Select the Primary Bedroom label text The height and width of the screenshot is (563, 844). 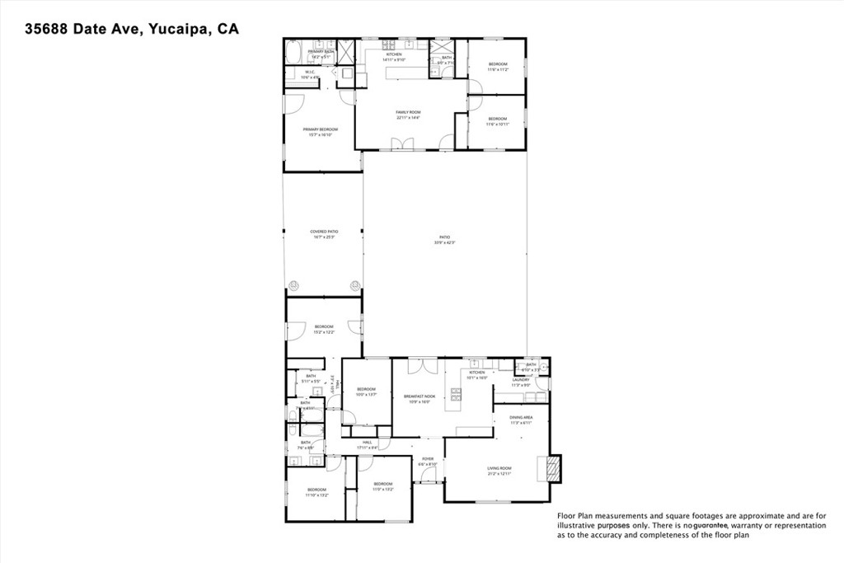pyautogui.click(x=320, y=131)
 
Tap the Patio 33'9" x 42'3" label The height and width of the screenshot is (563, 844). pyautogui.click(x=445, y=239)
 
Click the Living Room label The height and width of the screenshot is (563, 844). pyautogui.click(x=499, y=470)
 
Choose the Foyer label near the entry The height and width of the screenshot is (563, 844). pyautogui.click(x=428, y=461)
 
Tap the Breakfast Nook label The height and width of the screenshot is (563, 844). pyautogui.click(x=418, y=398)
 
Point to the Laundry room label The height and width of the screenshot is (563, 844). pyautogui.click(x=520, y=382)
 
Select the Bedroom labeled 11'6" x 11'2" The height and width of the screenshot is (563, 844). pyautogui.click(x=498, y=67)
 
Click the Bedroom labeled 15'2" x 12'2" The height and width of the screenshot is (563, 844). pyautogui.click(x=324, y=329)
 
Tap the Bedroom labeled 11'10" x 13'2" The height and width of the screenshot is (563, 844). pyautogui.click(x=316, y=492)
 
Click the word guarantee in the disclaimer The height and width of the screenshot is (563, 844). pyautogui.click(x=710, y=525)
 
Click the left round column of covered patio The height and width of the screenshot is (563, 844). pyautogui.click(x=293, y=285)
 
